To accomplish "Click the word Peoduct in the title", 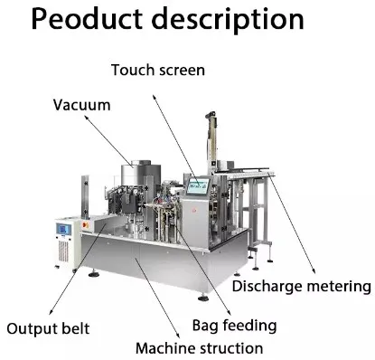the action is pyautogui.click(x=87, y=19).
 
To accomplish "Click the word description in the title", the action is pyautogui.click(x=228, y=21).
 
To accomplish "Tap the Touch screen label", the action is pyautogui.click(x=158, y=70).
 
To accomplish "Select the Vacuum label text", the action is pyautogui.click(x=82, y=105).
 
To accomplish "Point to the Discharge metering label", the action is pyautogui.click(x=302, y=286).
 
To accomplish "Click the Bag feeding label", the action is pyautogui.click(x=234, y=326).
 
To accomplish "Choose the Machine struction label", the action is pyautogui.click(x=200, y=348).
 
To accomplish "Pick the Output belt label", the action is pyautogui.click(x=48, y=328).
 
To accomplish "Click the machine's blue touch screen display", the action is pyautogui.click(x=198, y=186).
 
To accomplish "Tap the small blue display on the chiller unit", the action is pyautogui.click(x=63, y=230).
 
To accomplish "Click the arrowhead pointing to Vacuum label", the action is pyautogui.click(x=86, y=118).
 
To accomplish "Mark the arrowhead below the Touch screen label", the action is pyautogui.click(x=154, y=98).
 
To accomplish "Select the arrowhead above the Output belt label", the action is pyautogui.click(x=52, y=312).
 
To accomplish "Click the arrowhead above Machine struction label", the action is pyautogui.click(x=178, y=335).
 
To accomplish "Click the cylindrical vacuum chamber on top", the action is pyautogui.click(x=140, y=173).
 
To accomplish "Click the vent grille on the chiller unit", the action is pyautogui.click(x=63, y=251).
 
